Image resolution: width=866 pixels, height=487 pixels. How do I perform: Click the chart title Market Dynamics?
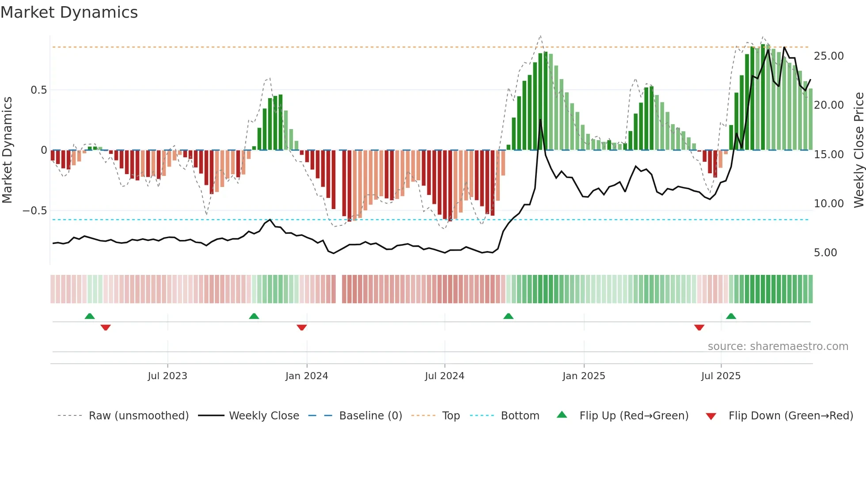69,12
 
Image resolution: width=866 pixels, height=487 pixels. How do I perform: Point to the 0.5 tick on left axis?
38,90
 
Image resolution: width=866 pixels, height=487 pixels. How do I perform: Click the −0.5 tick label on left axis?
34,211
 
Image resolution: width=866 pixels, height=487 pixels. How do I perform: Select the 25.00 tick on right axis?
828,56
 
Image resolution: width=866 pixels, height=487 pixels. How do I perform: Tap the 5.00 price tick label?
825,253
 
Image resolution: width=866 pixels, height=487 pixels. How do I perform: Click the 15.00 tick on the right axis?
828,155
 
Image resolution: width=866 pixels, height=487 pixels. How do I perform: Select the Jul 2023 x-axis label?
167,376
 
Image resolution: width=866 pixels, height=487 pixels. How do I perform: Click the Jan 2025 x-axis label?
584,376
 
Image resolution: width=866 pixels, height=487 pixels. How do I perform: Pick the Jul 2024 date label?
444,376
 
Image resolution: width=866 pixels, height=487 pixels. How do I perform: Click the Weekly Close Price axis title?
858,150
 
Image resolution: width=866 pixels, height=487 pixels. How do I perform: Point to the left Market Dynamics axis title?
7,150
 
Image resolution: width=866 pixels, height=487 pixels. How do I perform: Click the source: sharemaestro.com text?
778,346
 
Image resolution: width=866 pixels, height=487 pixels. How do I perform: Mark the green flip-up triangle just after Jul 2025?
731,316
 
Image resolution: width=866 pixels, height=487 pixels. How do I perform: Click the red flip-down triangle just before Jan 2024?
302,327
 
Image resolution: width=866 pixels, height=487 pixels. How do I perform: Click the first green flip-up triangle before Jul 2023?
90,316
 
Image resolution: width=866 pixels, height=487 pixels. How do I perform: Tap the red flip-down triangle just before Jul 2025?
699,327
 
